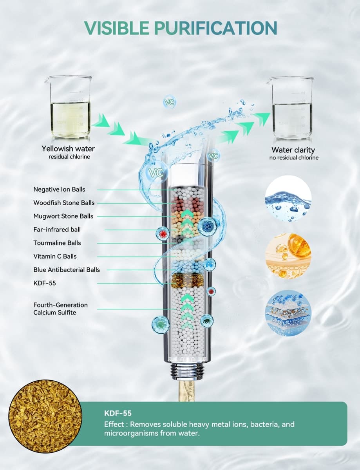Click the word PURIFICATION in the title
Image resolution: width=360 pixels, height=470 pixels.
(x=216, y=28)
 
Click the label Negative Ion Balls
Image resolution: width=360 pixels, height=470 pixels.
(x=59, y=190)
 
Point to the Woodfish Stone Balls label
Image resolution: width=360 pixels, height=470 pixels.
(x=64, y=203)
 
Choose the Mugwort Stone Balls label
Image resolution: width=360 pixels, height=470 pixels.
(x=63, y=216)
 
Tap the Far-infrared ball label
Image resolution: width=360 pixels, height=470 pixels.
(x=57, y=230)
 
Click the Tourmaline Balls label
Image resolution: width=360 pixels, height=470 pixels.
(x=57, y=243)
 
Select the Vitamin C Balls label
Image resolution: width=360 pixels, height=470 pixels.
(x=55, y=257)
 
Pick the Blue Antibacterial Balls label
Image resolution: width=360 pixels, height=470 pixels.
(x=67, y=270)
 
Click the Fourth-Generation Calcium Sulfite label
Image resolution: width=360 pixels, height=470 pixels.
(x=61, y=309)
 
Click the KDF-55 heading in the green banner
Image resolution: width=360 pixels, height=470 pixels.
(x=118, y=413)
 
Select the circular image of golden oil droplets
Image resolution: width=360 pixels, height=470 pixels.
(x=288, y=256)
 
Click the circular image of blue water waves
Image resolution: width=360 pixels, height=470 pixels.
(x=288, y=198)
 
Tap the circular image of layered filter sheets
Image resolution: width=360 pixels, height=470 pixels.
(x=288, y=313)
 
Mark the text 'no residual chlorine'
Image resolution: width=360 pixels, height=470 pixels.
(x=294, y=158)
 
